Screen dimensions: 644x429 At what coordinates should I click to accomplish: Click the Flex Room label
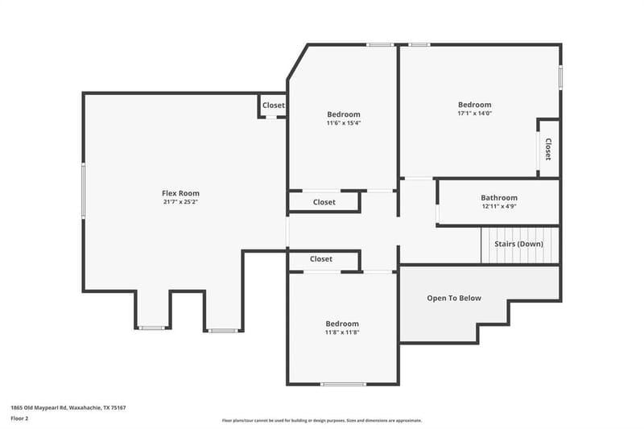180,193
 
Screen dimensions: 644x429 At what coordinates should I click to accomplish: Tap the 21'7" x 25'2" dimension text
180,201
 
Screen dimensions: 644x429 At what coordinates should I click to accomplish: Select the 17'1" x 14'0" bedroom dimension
474,113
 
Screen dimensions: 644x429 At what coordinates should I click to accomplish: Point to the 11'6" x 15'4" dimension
344,123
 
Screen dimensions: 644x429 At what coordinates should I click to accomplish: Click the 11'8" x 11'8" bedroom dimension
342,332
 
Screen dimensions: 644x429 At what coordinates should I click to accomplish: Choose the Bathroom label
499,197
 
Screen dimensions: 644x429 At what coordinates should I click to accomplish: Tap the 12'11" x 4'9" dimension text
499,206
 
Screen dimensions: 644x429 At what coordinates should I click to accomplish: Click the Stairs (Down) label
518,244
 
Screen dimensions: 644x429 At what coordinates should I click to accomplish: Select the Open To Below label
454,298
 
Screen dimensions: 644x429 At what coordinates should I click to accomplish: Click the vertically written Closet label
548,149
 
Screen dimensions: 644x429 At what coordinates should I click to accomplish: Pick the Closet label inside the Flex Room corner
274,105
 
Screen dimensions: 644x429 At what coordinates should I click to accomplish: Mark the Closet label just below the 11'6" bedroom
324,202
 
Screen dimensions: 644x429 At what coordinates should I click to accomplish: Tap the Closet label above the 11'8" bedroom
321,259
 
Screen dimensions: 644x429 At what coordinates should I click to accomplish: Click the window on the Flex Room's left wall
84,190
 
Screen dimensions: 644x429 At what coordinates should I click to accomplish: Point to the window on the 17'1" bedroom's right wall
560,77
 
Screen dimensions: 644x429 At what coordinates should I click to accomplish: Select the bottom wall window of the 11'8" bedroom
344,384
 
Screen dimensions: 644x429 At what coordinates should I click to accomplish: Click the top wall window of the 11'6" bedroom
380,44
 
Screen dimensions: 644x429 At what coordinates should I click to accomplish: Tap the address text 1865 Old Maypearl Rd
39,407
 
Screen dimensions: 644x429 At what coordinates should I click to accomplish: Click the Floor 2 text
19,419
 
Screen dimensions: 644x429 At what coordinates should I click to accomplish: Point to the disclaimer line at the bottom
322,420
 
